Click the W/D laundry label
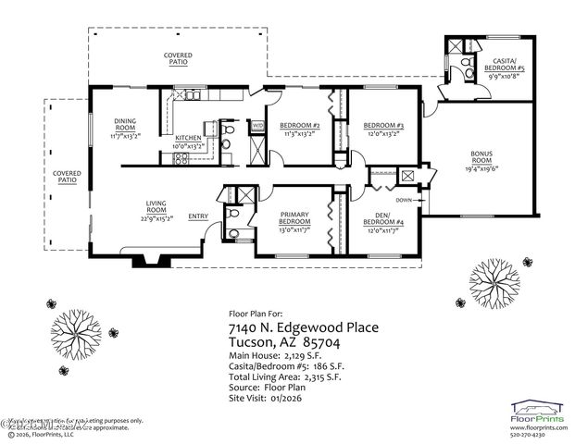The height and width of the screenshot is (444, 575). [x=257, y=124]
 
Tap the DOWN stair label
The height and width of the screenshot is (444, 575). [x=403, y=199]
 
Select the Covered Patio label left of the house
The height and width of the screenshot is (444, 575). [x=66, y=176]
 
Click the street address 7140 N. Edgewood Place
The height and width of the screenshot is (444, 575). [x=303, y=327]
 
